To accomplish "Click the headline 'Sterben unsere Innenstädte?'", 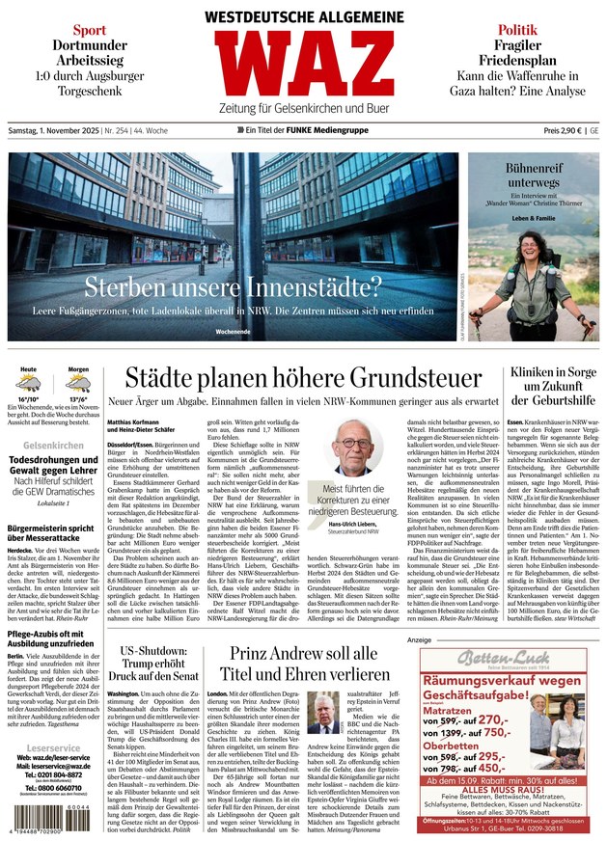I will tap(233, 285).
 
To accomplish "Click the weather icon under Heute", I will tap(28, 383).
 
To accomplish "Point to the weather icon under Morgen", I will tap(78, 383).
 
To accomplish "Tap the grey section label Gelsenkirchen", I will tap(53, 446).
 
